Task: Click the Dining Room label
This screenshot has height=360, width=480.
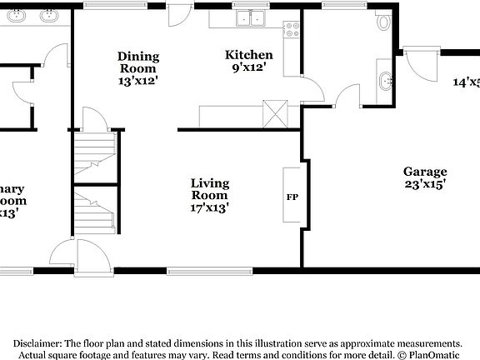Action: point(138,62)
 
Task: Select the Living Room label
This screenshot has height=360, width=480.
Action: point(209,189)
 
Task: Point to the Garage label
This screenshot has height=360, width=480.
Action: point(425,172)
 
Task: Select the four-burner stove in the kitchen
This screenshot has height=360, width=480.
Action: point(292,31)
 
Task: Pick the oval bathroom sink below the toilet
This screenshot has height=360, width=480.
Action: point(385,82)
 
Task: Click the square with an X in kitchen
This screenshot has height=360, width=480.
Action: point(275,112)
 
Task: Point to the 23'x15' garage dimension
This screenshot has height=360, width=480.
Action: point(425,185)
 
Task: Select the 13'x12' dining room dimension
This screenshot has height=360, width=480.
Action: point(138,82)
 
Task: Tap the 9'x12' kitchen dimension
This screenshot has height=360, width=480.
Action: point(248,68)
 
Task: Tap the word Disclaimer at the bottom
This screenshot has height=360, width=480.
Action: point(36,342)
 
